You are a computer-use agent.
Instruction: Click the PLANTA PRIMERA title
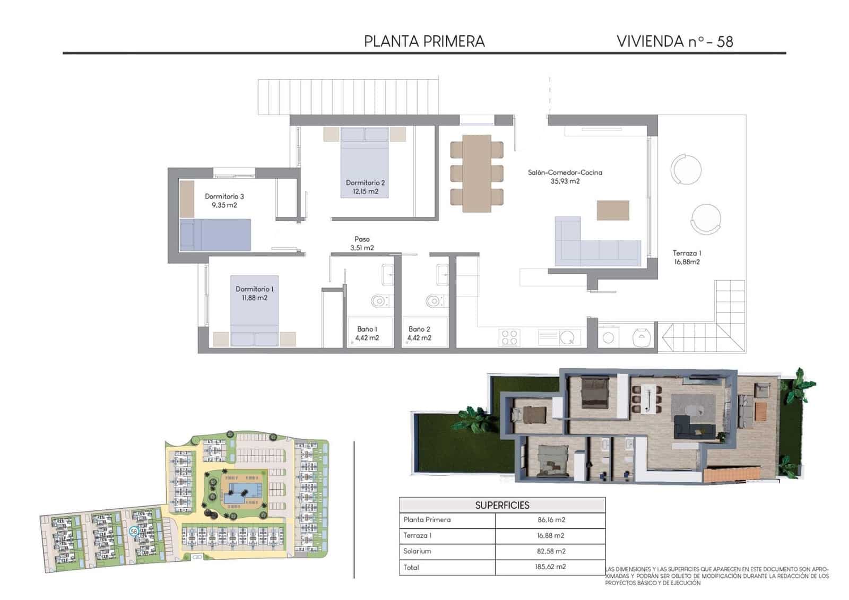(424, 41)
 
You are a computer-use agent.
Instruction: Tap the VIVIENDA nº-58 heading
(674, 41)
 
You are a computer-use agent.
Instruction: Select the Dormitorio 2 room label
(365, 182)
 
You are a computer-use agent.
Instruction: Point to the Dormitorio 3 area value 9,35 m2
(224, 205)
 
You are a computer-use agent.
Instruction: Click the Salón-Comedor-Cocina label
(565, 172)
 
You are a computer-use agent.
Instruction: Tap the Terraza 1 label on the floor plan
(687, 253)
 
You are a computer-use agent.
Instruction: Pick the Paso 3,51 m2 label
(362, 244)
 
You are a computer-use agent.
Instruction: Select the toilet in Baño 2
(434, 301)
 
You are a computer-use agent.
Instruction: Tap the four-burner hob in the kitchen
(509, 338)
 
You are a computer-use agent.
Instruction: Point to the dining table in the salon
(477, 173)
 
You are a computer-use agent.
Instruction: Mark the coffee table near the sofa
(613, 210)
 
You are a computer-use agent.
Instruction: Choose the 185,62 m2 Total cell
(550, 567)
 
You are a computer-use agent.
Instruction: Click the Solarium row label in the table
(417, 551)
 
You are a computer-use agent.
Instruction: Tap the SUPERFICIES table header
(502, 505)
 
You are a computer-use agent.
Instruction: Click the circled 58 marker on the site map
(134, 531)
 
